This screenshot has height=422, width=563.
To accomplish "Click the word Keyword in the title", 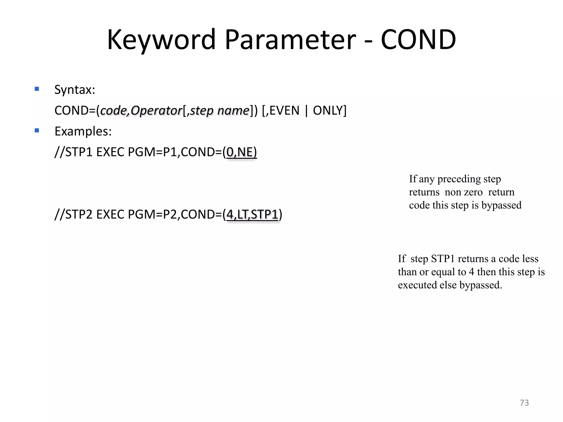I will pos(161,40).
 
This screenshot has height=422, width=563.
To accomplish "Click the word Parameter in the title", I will pos(290,40).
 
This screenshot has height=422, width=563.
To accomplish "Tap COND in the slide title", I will pos(418,40).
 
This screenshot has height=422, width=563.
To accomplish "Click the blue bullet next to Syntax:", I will pos(37,89).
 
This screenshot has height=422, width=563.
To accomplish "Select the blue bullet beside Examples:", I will pos(37,131).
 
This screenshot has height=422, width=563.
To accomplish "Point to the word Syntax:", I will pos(75,90).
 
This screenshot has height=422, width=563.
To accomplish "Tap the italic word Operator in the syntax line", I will pos(156,111).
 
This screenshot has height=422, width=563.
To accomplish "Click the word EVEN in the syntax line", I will pos(284,111).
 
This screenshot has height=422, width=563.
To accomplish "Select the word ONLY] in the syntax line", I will pos(330,111).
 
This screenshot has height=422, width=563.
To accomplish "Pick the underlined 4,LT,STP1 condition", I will pos(252,215).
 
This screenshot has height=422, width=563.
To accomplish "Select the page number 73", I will pos(524,403).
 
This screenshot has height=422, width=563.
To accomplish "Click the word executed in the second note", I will pos(417,285).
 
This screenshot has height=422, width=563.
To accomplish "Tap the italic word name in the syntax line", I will pos(233,111).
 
